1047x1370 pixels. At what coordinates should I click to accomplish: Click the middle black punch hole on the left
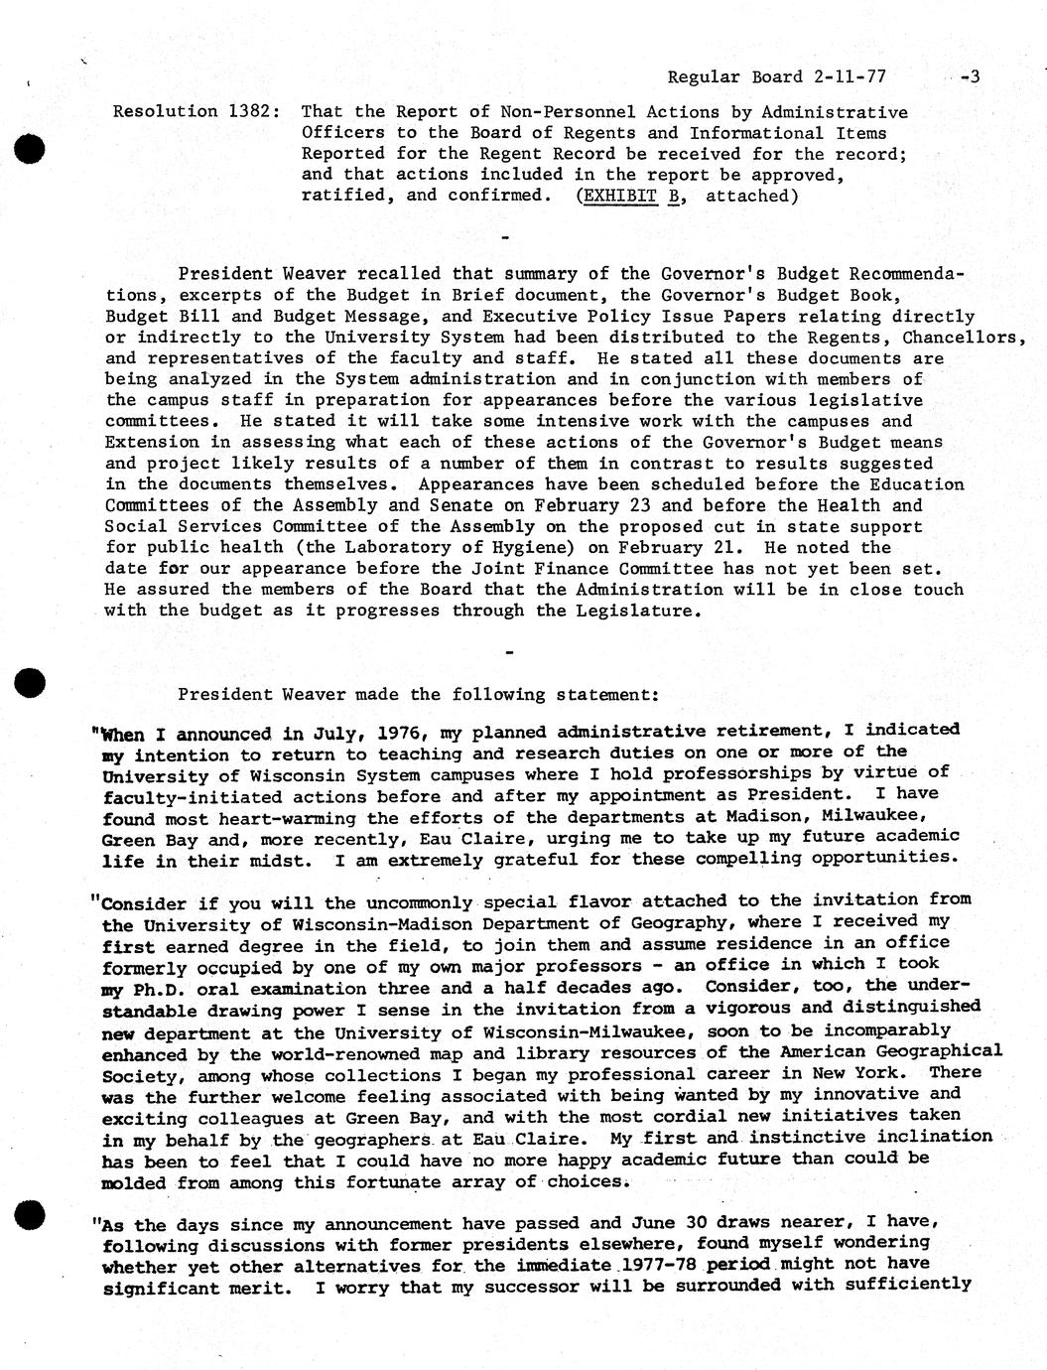tap(31, 684)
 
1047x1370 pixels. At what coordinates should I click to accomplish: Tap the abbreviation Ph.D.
tap(160, 989)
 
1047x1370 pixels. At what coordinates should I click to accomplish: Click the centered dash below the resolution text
tap(506, 239)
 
